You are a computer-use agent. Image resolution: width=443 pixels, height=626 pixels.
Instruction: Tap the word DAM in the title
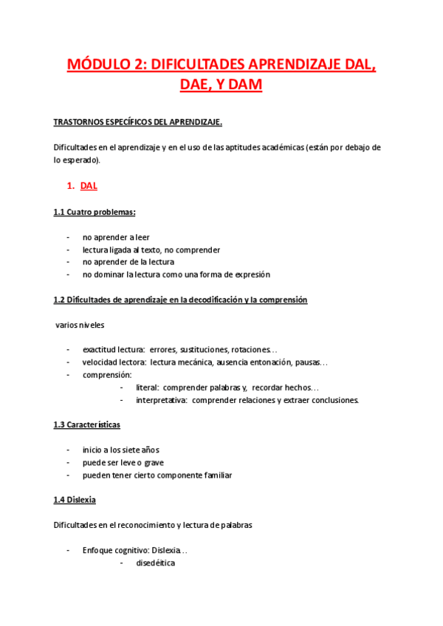241,86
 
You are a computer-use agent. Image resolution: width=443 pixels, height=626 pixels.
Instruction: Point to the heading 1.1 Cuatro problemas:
94,213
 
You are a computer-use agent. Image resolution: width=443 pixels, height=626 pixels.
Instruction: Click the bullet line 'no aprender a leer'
116,237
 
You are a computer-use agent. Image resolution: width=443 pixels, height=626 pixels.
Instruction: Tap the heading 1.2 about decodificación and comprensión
180,300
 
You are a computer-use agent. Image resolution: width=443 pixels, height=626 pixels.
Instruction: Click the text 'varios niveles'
80,325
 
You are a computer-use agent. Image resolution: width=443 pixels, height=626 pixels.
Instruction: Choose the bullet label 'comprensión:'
107,375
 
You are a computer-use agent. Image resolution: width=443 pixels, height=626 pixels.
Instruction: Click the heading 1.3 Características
86,425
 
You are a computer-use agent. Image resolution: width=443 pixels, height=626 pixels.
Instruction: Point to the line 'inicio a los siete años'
120,450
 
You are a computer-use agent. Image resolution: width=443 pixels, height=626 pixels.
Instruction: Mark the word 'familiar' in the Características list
214,475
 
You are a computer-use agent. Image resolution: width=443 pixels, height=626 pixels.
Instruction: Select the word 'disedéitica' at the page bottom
155,563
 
